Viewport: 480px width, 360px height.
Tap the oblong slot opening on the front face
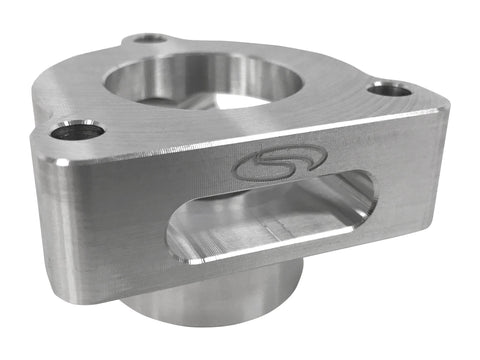tap(270, 219)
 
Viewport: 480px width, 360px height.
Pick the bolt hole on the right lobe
tap(389, 90)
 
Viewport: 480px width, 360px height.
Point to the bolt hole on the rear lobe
tap(151, 38)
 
